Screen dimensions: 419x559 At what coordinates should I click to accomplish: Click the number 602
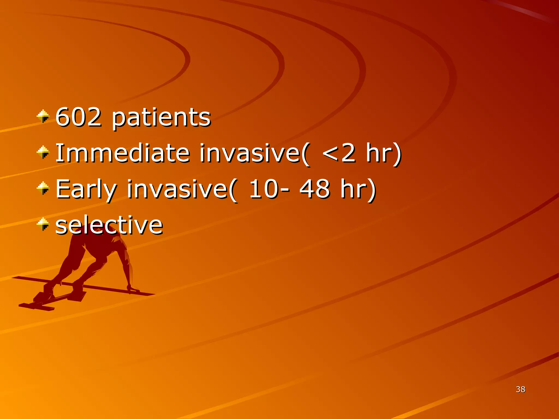(x=79, y=117)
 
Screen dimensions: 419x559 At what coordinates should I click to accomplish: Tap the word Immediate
(x=123, y=153)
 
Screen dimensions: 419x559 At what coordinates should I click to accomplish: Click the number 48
(x=315, y=189)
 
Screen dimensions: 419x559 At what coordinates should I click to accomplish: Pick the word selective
(x=109, y=225)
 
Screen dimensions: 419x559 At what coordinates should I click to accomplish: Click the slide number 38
(x=521, y=389)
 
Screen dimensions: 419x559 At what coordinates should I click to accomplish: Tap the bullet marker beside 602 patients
(x=43, y=116)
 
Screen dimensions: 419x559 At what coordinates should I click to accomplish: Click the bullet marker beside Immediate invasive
(x=43, y=152)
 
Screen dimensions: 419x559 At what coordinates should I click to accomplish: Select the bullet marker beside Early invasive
(x=43, y=188)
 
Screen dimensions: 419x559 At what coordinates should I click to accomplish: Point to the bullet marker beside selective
(x=43, y=224)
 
